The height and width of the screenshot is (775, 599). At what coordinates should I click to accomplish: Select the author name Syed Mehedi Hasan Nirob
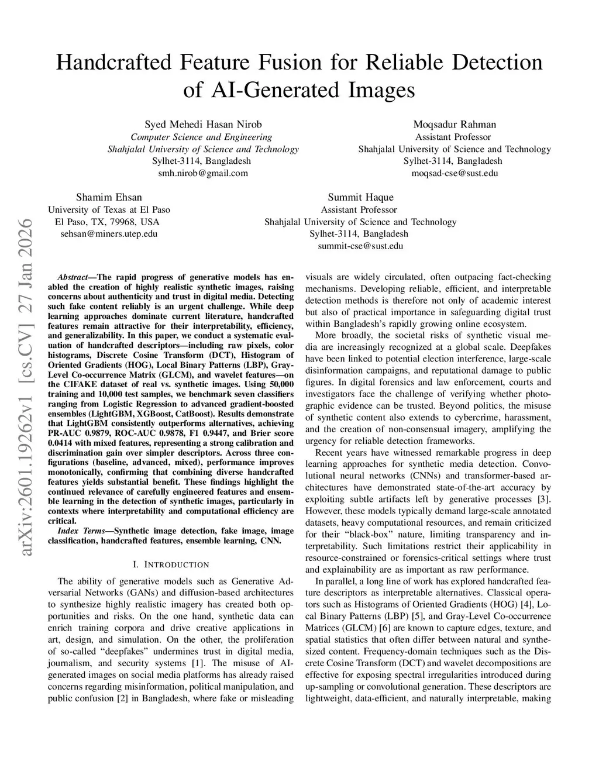(203, 124)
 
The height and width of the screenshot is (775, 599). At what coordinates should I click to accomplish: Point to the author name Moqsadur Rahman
(455, 124)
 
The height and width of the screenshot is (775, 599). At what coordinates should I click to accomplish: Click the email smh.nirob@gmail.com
(203, 173)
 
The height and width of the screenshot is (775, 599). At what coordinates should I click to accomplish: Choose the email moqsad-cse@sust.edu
(455, 173)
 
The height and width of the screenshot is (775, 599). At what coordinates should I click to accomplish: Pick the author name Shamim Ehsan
(109, 197)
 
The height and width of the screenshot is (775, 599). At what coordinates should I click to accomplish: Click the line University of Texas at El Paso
(109, 209)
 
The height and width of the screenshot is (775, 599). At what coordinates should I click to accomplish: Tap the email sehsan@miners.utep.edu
(109, 234)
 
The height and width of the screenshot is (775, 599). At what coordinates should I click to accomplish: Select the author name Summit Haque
(360, 197)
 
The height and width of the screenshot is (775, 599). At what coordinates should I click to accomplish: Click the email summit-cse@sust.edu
(360, 246)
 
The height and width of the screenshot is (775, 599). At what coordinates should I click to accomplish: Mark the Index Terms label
(81, 531)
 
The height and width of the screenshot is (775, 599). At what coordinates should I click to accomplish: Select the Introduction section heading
(171, 564)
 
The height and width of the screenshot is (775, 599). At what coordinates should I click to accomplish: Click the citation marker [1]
(197, 663)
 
